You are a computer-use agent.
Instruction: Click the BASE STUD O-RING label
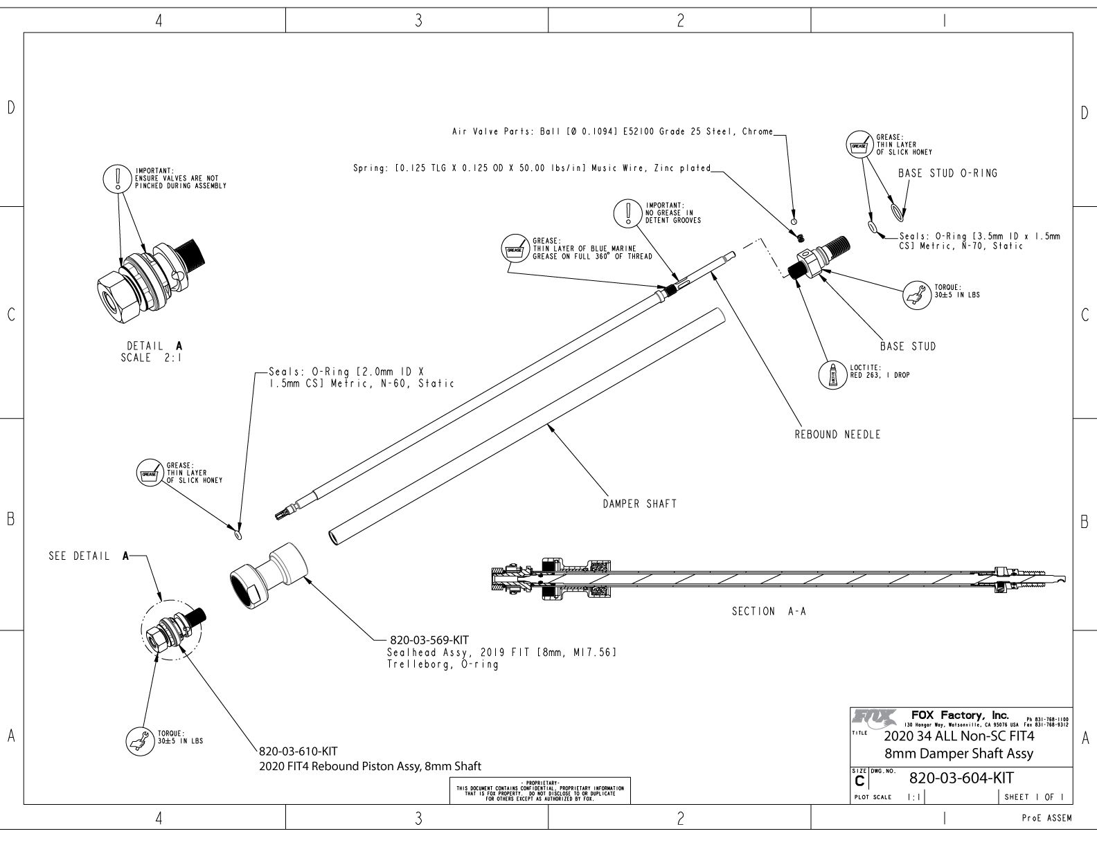pyautogui.click(x=947, y=173)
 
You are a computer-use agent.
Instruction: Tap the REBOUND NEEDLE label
pyautogui.click(x=837, y=435)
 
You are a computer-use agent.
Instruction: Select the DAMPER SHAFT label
pyautogui.click(x=639, y=504)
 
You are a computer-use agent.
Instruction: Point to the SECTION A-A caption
pyautogui.click(x=769, y=611)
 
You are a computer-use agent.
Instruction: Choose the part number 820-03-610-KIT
pyautogui.click(x=298, y=751)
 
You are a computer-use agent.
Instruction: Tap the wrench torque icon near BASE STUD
pyautogui.click(x=917, y=294)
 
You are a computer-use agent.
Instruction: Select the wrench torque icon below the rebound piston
pyautogui.click(x=141, y=740)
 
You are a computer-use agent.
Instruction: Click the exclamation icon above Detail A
pyautogui.click(x=116, y=178)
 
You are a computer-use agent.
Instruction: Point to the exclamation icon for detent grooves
pyautogui.click(x=627, y=212)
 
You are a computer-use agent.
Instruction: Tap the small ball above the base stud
pyautogui.click(x=794, y=221)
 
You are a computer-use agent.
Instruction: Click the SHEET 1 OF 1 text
pyautogui.click(x=1034, y=797)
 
